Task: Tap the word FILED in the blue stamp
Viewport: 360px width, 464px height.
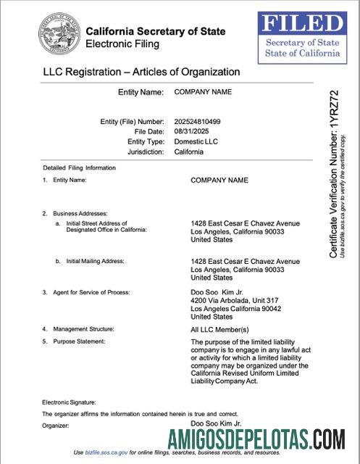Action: [302, 24]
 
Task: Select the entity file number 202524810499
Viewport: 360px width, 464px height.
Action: [198, 121]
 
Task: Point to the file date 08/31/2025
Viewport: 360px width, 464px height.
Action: [191, 131]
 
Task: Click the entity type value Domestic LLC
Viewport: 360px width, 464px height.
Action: [196, 141]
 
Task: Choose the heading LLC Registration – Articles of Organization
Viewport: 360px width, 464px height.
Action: [141, 72]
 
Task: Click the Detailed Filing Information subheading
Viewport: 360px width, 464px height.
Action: [79, 167]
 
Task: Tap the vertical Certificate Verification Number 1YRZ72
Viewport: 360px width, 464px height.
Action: [334, 174]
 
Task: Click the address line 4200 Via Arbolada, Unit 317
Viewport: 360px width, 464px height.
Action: [234, 300]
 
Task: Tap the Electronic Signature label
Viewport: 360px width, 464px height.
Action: [69, 402]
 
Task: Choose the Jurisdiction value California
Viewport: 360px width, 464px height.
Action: [189, 152]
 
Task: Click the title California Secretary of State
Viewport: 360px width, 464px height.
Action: [155, 31]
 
